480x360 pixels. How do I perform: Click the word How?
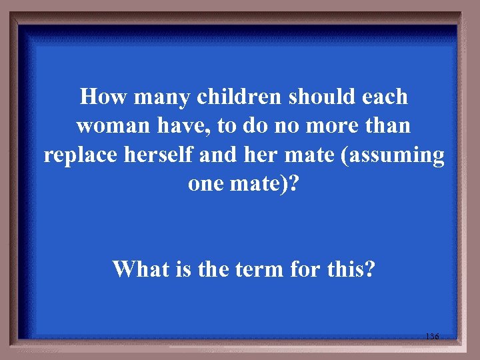(x=103, y=97)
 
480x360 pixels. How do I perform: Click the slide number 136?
(x=431, y=337)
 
